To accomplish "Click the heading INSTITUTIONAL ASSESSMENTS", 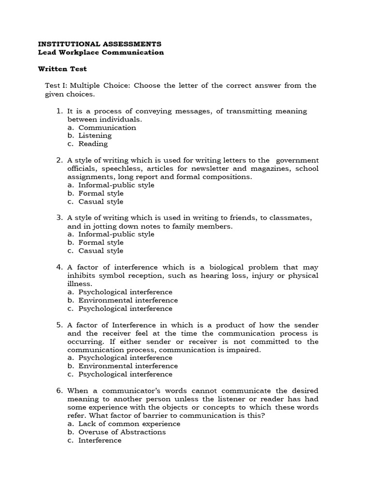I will coord(100,43).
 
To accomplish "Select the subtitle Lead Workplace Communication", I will coord(101,52).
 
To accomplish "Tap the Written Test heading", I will coord(62,69).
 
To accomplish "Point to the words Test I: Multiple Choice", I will coord(87,85).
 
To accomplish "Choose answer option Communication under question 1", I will coord(107,127).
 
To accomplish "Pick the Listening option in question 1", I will coord(95,136).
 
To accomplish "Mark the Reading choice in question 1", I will coord(93,144).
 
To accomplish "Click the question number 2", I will coord(59,160).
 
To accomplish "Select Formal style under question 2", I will coord(101,193).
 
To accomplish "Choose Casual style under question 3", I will coord(101,251).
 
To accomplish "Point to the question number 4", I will coord(59,267).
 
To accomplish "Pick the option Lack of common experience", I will coord(129,424).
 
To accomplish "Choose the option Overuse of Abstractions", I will coord(122,432).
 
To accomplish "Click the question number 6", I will coord(59,391).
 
